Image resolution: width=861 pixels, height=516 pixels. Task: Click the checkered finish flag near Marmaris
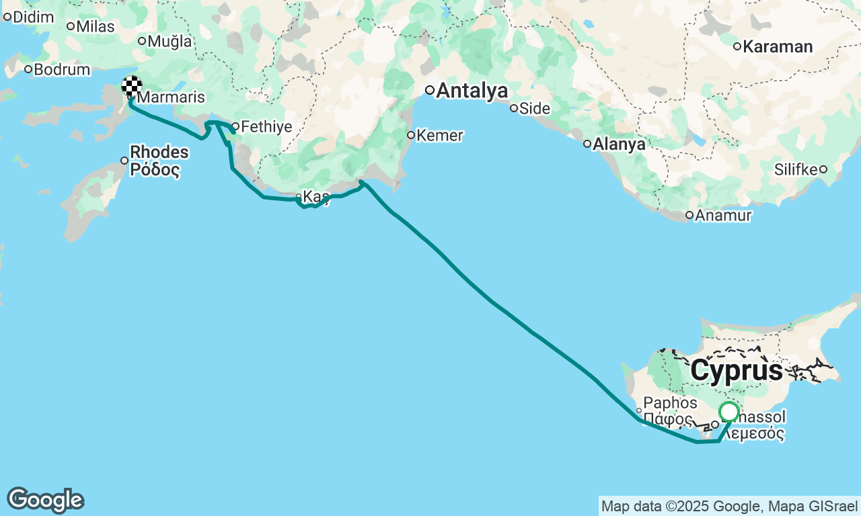[x=131, y=86]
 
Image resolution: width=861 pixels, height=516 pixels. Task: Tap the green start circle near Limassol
[x=728, y=411]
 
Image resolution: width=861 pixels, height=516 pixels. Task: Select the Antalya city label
[x=472, y=91]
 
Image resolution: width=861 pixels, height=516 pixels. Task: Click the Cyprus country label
[x=737, y=371]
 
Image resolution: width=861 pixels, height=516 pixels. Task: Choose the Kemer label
[x=439, y=136]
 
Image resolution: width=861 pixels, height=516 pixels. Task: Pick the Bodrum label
[x=61, y=70]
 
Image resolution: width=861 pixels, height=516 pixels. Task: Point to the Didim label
[x=33, y=17]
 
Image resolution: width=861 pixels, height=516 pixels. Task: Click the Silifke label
[x=796, y=169]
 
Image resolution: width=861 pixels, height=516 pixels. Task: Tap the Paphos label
[x=670, y=403]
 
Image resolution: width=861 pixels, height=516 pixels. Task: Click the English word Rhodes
[x=159, y=153]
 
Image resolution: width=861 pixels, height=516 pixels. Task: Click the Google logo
[x=45, y=501]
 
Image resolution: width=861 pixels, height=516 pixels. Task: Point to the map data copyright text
[x=729, y=506]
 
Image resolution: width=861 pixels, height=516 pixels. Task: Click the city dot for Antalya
[x=429, y=90]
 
